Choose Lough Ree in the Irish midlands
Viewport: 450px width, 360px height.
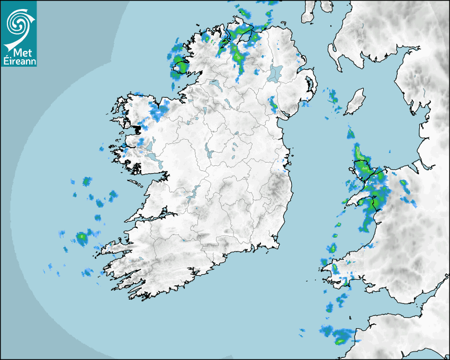click(209, 151)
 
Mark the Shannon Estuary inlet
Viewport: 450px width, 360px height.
click(154, 216)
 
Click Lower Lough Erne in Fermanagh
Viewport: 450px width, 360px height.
click(214, 85)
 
